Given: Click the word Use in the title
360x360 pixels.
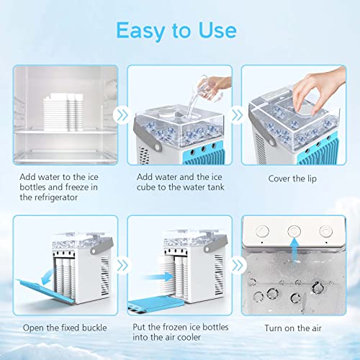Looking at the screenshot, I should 215,30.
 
